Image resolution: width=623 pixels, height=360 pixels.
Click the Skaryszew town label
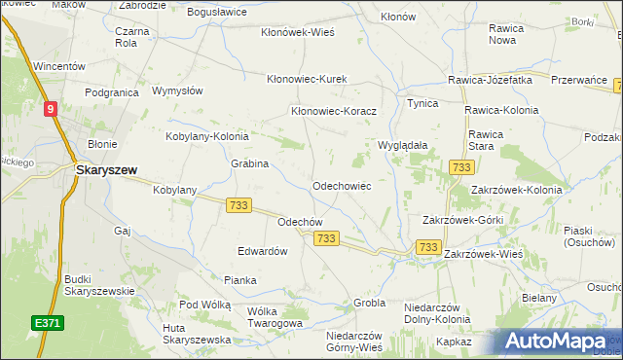(106, 168)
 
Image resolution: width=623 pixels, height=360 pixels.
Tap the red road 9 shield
(49, 110)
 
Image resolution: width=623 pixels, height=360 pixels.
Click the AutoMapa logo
(562, 341)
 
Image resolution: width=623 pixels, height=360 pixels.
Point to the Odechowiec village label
(341, 185)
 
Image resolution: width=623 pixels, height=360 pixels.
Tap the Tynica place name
(422, 103)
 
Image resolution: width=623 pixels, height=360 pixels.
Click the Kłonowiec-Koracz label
(333, 111)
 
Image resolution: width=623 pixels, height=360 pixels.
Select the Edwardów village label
(263, 250)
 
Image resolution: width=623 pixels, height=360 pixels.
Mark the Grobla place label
(370, 303)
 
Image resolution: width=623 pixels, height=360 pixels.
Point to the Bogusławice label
(218, 12)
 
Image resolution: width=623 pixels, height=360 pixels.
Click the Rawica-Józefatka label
(490, 79)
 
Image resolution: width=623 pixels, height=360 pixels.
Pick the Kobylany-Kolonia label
(207, 137)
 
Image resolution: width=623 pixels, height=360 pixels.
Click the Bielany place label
(538, 298)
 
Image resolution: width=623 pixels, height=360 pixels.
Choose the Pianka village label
(239, 280)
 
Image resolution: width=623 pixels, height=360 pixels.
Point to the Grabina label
(249, 163)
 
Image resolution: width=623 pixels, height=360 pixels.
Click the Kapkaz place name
(455, 342)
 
